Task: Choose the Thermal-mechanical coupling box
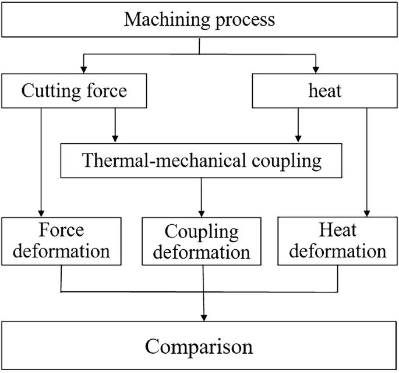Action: (202, 161)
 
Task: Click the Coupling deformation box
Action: (202, 242)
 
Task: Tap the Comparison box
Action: (199, 346)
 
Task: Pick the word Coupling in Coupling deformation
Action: (202, 232)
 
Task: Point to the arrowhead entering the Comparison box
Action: (203, 316)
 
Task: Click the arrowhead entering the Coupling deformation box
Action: (202, 212)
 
